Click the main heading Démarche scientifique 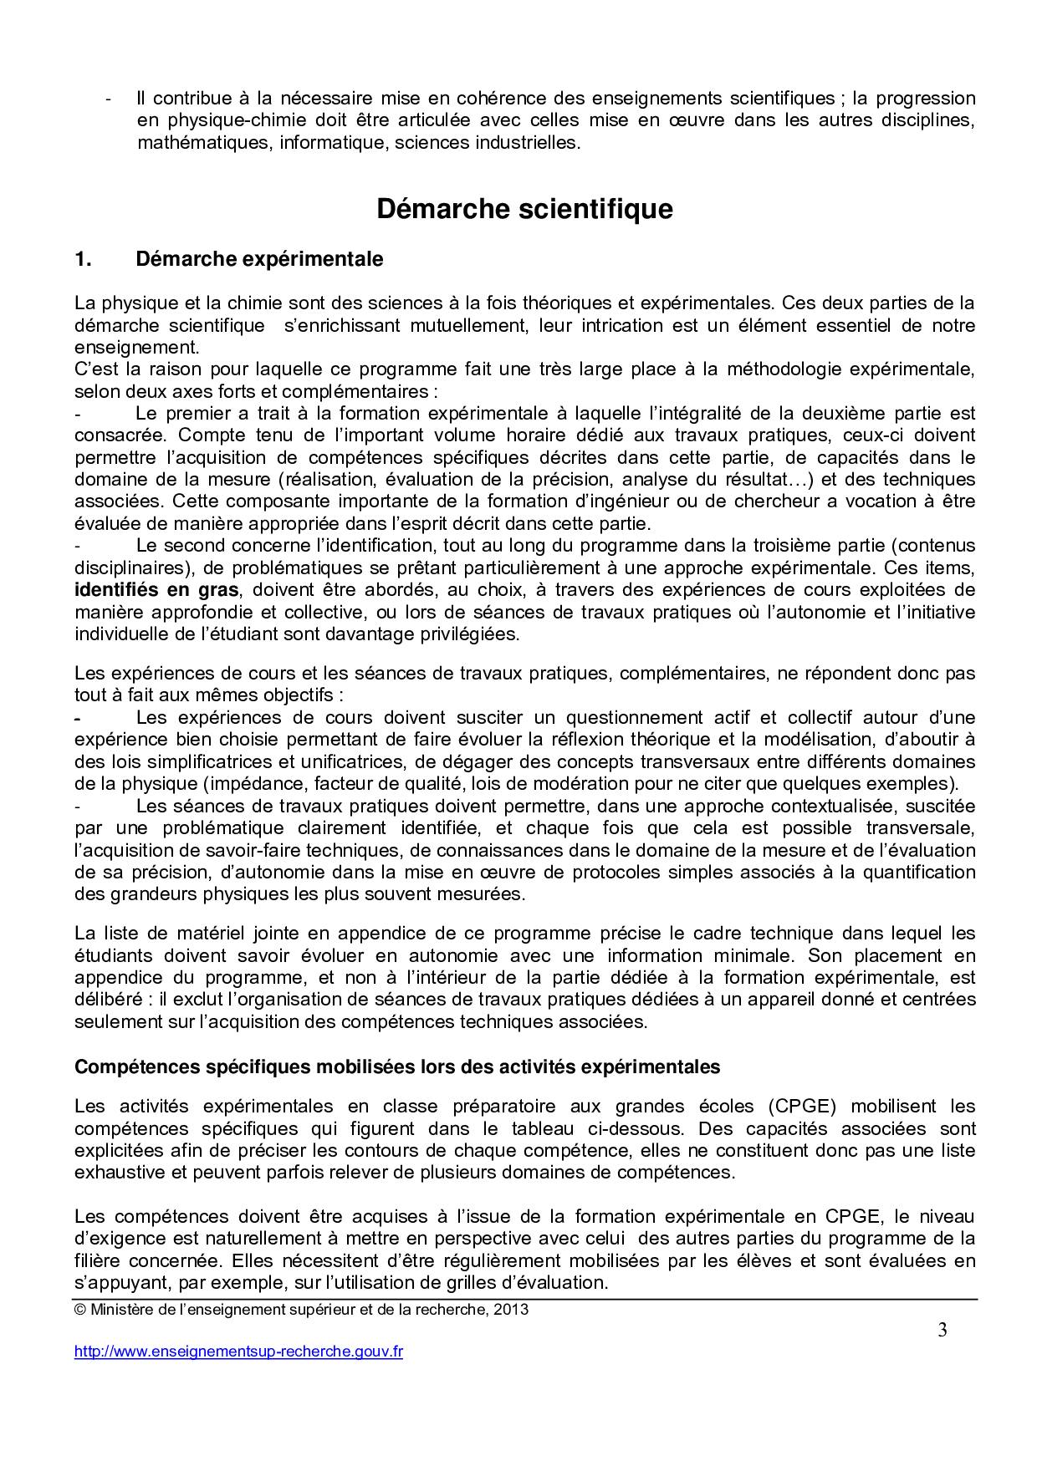click(524, 209)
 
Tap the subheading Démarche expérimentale click(259, 260)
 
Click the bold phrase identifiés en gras click(156, 590)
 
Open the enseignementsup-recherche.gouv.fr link click(238, 1351)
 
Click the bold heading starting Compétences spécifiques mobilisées click(397, 1067)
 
